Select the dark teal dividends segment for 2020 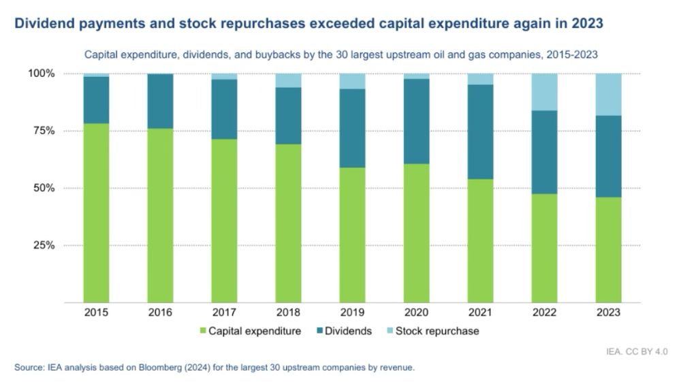coord(416,121)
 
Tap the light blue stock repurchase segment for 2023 coord(608,94)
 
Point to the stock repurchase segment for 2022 coord(544,92)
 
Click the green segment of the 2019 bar coord(352,235)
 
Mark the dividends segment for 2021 coord(480,131)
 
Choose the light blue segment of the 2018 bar coord(288,80)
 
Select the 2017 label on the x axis coord(224,313)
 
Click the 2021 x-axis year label coord(480,313)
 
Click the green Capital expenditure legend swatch coord(203,331)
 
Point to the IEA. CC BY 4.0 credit coord(637,352)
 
